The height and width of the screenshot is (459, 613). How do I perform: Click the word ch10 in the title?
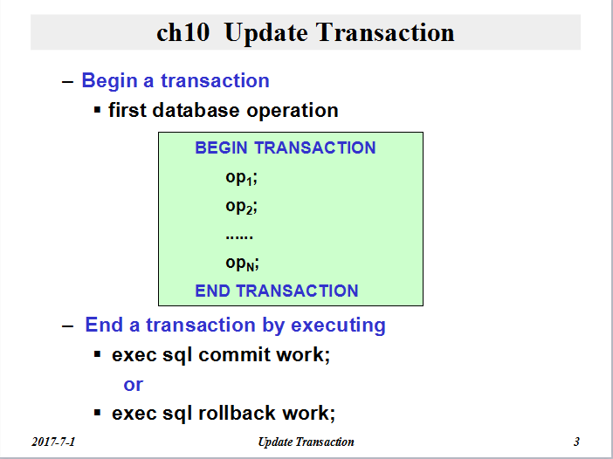click(x=183, y=32)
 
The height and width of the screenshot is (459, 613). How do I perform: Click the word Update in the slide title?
click(x=266, y=33)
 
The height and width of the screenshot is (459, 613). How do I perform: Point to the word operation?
click(x=293, y=111)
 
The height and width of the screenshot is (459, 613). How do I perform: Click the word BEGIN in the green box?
click(x=221, y=147)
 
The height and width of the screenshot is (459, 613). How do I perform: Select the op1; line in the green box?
click(x=242, y=178)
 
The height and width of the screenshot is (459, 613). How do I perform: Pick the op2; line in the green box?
click(x=242, y=207)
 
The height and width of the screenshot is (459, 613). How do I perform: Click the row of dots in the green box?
click(x=239, y=236)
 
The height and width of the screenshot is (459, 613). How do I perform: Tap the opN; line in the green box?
click(x=243, y=264)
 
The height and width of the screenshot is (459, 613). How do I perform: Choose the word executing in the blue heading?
click(x=338, y=325)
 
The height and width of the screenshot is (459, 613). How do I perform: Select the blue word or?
click(x=134, y=385)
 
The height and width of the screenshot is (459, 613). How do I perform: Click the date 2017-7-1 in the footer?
click(x=53, y=442)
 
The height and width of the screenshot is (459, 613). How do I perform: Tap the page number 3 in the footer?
click(x=576, y=442)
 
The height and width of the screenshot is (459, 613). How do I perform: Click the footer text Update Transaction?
click(x=306, y=442)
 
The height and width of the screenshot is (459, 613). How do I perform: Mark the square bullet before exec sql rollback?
click(x=97, y=413)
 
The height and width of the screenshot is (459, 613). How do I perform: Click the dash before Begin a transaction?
click(x=67, y=82)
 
